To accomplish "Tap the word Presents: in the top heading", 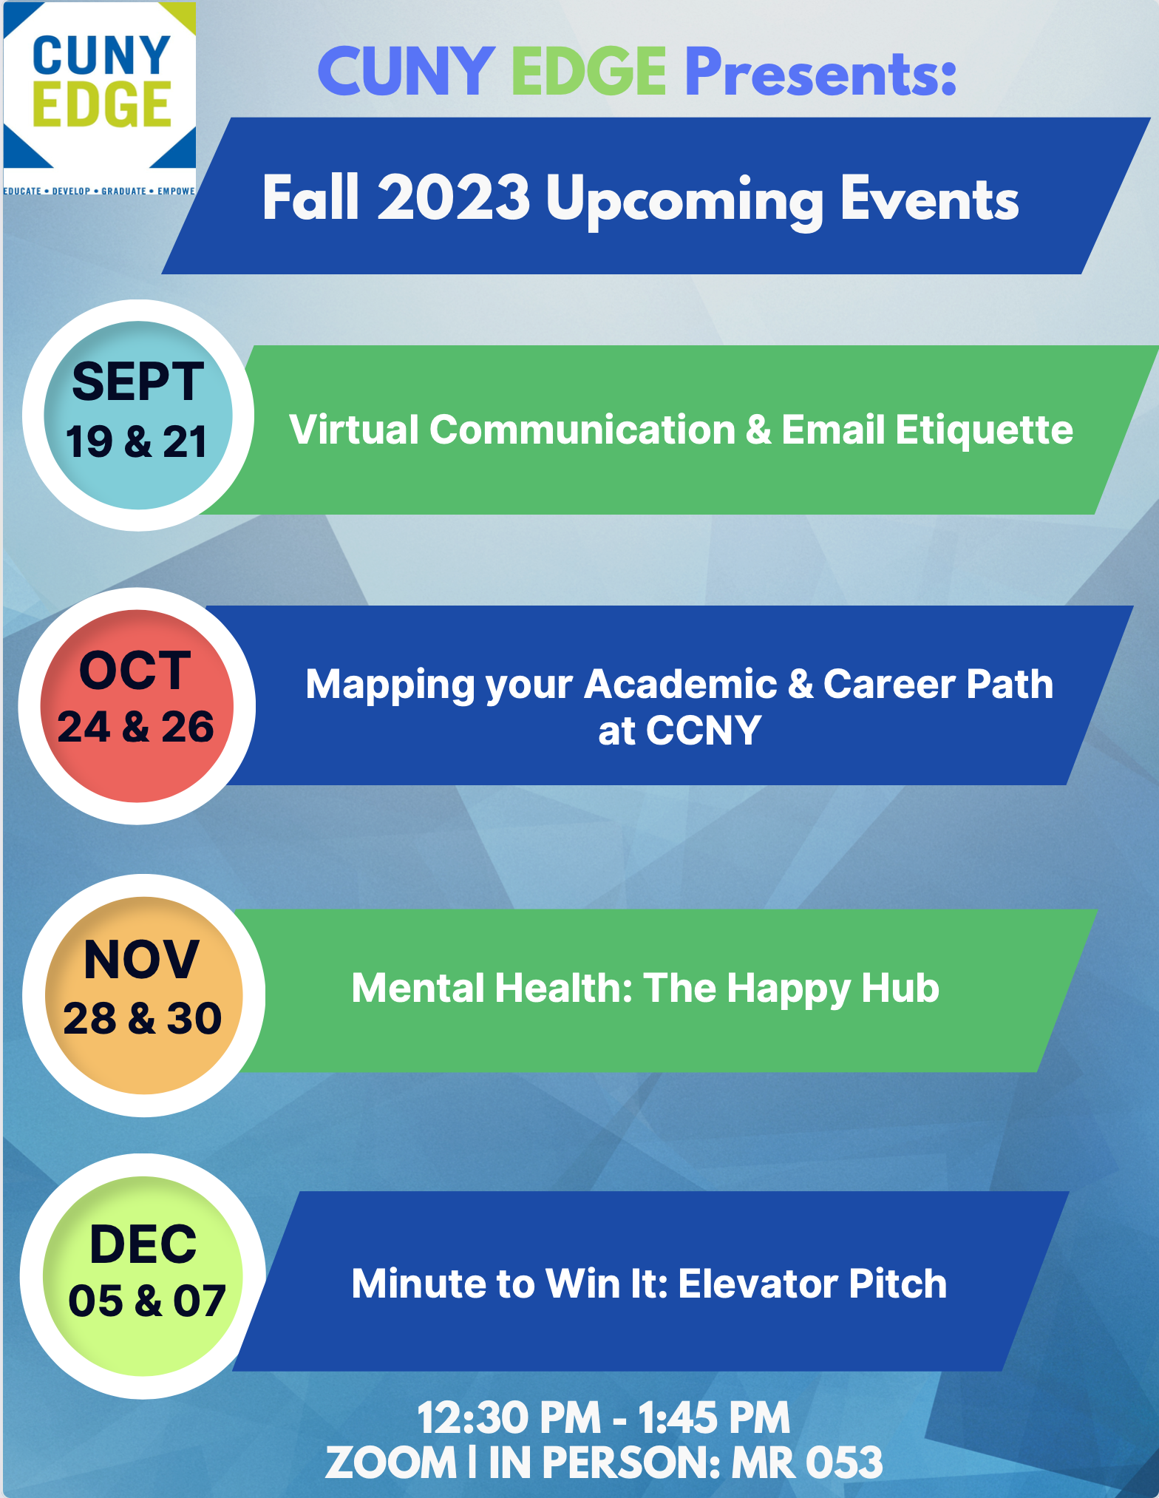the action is tap(820, 72).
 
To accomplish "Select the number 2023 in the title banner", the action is tap(454, 197).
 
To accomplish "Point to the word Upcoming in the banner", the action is tap(685, 202).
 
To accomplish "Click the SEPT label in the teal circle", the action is tap(137, 382).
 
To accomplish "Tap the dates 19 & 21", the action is tap(137, 442).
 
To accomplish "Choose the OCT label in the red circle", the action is tap(135, 671).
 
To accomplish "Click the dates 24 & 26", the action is tap(136, 727).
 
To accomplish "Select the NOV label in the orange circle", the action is tap(141, 960).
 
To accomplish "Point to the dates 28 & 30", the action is tap(143, 1018).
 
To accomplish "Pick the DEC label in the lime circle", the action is tap(143, 1244).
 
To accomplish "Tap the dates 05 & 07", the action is tap(147, 1301).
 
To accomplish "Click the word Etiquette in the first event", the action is tap(985, 430).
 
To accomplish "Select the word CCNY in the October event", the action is tap(704, 731).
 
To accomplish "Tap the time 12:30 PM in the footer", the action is tap(509, 1418).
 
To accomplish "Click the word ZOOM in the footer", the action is tap(391, 1463).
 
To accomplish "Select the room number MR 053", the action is tap(807, 1463).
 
